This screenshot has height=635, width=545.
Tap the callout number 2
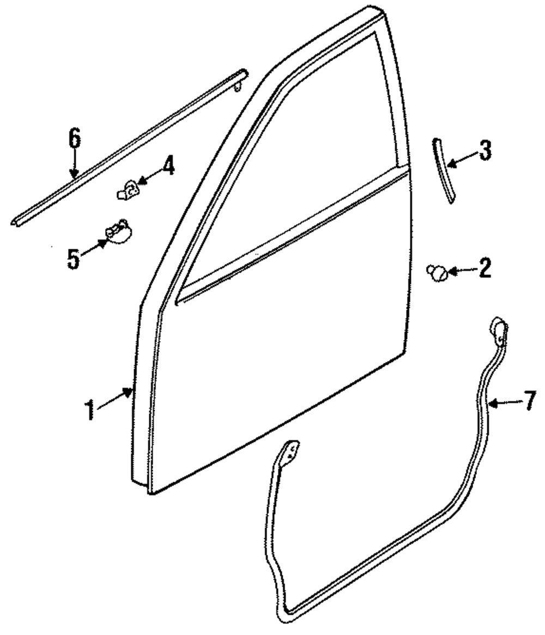coord(483,268)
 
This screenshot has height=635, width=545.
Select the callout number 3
coord(485,151)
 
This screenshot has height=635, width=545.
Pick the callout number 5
coord(74,258)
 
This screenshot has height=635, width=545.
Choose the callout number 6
coord(75,139)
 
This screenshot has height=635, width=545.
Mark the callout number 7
coord(530,402)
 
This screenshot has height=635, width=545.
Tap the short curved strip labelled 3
coord(443,170)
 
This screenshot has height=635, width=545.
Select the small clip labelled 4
coord(128,190)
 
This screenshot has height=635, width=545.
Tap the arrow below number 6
coord(75,164)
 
